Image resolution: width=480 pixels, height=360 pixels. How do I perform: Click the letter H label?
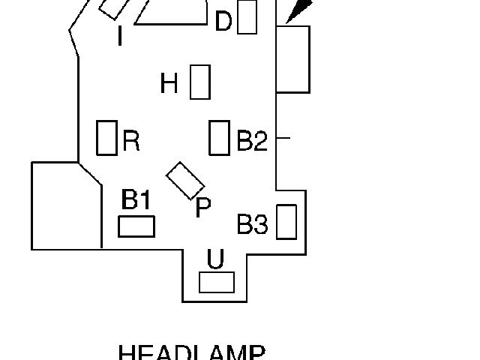click(x=169, y=83)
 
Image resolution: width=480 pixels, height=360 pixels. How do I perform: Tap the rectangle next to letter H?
click(x=199, y=82)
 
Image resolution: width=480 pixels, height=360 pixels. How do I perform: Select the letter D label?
click(x=223, y=22)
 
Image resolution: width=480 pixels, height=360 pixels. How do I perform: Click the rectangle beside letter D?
click(x=247, y=18)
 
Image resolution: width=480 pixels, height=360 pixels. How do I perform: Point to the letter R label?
click(x=131, y=141)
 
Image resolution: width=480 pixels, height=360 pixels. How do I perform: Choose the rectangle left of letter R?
click(x=107, y=137)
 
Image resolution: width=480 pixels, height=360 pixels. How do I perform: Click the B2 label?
click(x=252, y=141)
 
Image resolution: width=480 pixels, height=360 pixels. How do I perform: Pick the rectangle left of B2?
click(x=219, y=137)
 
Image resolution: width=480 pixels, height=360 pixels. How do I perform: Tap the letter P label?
click(x=202, y=208)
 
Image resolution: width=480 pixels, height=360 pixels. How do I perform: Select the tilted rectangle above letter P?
click(x=185, y=181)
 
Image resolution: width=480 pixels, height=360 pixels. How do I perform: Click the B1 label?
click(x=136, y=200)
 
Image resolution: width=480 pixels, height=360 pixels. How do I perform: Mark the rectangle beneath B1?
click(x=136, y=226)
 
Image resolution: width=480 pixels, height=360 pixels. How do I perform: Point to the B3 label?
click(x=253, y=224)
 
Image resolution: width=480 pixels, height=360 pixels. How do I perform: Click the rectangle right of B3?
click(x=286, y=221)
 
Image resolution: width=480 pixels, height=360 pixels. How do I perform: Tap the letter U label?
click(x=215, y=259)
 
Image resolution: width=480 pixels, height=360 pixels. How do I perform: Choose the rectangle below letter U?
click(x=217, y=282)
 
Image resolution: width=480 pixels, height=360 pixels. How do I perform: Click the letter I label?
click(x=120, y=35)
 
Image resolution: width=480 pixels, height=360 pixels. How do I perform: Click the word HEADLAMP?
click(x=192, y=353)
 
